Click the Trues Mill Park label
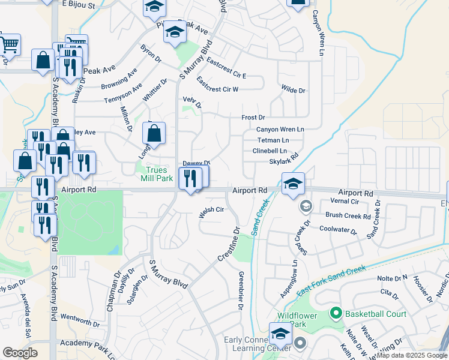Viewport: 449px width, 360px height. [x=157, y=174]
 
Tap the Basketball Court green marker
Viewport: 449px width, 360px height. [x=336, y=314]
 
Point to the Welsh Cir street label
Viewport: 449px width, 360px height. [x=211, y=209]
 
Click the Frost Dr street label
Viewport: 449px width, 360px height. [x=253, y=118]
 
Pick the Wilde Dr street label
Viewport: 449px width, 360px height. [x=294, y=90]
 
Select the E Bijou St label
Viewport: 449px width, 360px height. [x=79, y=5]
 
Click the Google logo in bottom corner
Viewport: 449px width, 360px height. [x=20, y=353]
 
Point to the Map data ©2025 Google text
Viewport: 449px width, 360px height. [x=412, y=355]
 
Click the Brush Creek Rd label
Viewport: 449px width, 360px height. [x=348, y=215]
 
